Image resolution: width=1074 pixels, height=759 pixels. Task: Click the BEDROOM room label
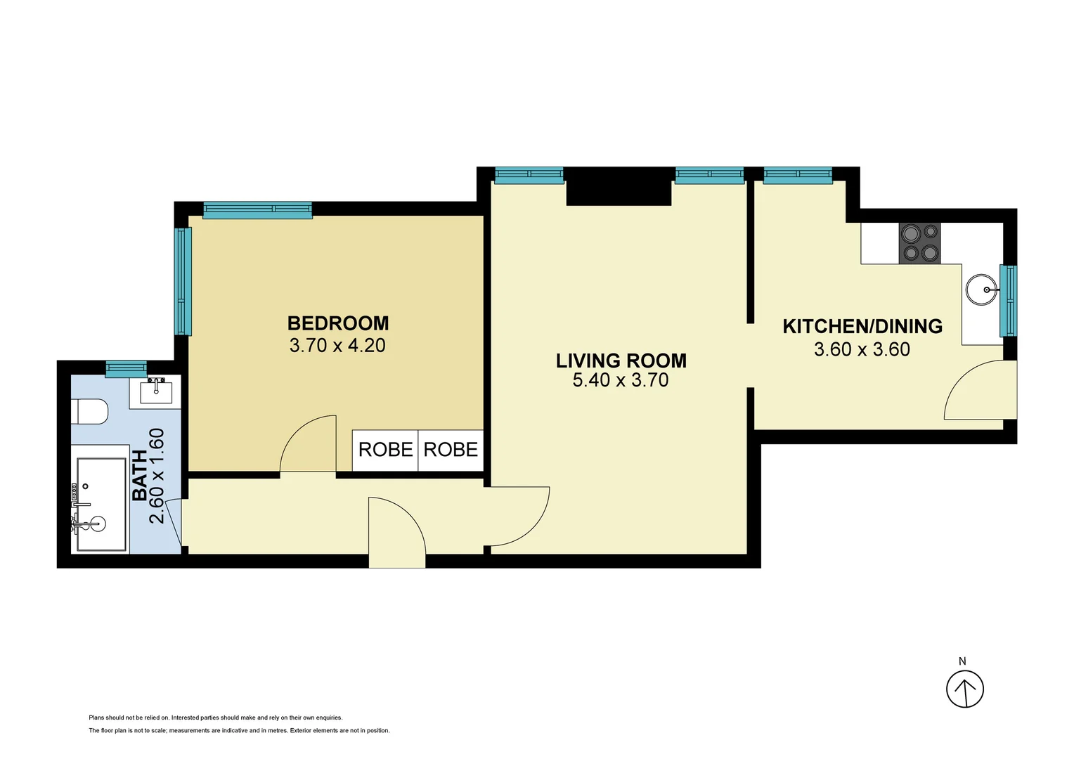(338, 323)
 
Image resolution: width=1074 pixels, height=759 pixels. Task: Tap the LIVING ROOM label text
(621, 361)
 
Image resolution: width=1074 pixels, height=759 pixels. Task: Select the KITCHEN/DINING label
(862, 326)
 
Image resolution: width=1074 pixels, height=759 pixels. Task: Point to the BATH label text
(141, 475)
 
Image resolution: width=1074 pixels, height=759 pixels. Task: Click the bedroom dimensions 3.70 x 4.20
(337, 346)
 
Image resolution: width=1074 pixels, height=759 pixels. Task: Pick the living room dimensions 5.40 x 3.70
(621, 380)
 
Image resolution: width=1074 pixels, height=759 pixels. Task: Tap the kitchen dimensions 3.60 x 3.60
(862, 349)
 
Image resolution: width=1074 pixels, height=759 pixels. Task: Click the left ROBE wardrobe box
(385, 450)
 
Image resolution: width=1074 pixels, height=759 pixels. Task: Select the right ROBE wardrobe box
(451, 450)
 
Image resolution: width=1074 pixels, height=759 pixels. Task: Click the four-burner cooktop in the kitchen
(919, 243)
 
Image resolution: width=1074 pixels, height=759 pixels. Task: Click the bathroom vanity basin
(155, 391)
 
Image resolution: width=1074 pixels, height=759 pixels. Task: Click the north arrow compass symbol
(964, 689)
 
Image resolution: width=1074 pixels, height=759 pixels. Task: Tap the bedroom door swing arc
(308, 444)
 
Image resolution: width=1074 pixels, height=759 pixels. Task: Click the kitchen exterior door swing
(979, 391)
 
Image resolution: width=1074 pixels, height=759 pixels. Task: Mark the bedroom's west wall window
(183, 281)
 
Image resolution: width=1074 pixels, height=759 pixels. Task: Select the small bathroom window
(126, 368)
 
